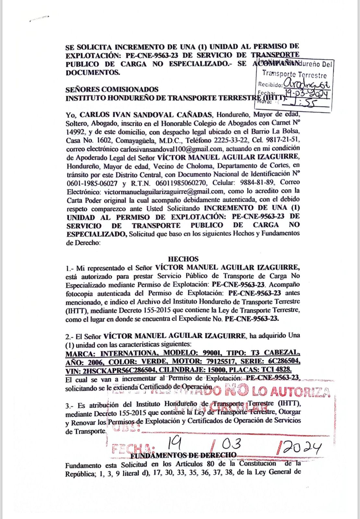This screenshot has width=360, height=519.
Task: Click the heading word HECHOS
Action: (x=183, y=259)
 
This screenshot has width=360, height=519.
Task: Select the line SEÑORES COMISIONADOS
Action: (x=112, y=90)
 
